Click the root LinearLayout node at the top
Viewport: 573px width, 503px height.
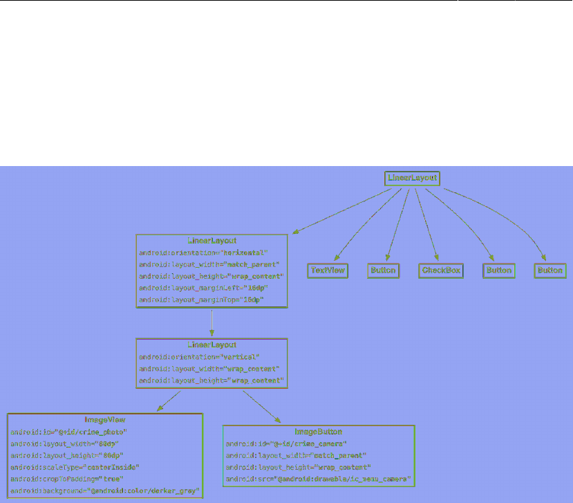click(x=412, y=179)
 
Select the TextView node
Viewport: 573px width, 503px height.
click(x=328, y=271)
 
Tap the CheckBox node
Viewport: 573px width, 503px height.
click(x=440, y=271)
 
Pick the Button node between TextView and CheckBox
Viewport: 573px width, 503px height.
click(x=383, y=271)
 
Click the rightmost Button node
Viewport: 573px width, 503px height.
click(x=549, y=271)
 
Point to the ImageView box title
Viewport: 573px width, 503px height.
click(x=104, y=420)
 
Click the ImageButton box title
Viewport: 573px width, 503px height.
click(x=318, y=432)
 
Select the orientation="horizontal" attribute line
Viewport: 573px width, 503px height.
click(x=203, y=253)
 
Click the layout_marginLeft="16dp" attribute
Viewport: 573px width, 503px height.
click(x=203, y=288)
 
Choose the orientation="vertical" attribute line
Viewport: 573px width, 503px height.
click(x=198, y=357)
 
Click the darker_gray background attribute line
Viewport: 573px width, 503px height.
click(x=104, y=491)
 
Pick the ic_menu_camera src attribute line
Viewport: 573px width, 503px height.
click(x=318, y=479)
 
